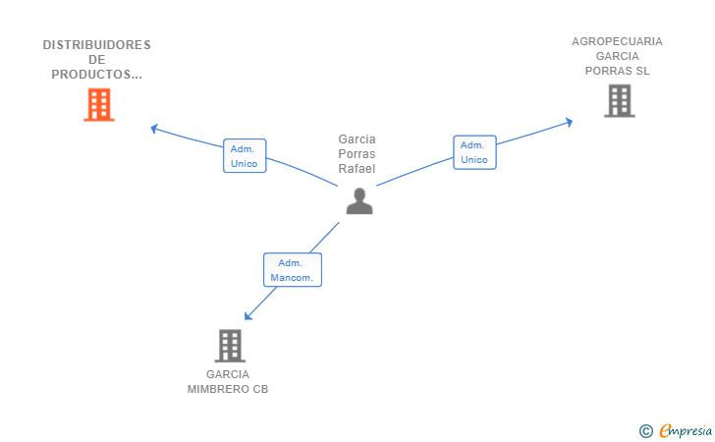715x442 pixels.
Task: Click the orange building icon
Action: [x=99, y=104]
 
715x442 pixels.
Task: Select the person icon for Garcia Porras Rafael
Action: [x=359, y=200]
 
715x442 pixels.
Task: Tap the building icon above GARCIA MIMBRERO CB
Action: [x=230, y=346]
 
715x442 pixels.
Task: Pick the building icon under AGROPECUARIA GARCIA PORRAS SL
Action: [x=619, y=101]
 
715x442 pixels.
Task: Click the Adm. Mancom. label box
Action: [x=293, y=270]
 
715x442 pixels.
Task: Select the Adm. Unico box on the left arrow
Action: [x=245, y=156]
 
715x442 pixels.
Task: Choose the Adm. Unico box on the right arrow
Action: [x=474, y=152]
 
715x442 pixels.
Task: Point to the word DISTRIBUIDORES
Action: [x=96, y=45]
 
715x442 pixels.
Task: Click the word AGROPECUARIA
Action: [x=617, y=41]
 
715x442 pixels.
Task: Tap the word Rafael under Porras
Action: [x=357, y=169]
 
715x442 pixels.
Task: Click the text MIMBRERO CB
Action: [x=228, y=389]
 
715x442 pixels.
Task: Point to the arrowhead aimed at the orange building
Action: [x=154, y=129]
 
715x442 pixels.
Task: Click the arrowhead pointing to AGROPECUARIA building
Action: [x=569, y=122]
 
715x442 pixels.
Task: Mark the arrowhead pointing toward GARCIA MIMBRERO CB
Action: [x=248, y=315]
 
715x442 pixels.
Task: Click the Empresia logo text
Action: [x=686, y=430]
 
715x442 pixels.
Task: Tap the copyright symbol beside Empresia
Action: [x=645, y=431]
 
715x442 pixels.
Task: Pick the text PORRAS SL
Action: [x=617, y=71]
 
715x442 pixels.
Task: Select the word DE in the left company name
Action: [x=96, y=60]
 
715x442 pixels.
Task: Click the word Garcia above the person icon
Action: [x=357, y=139]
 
